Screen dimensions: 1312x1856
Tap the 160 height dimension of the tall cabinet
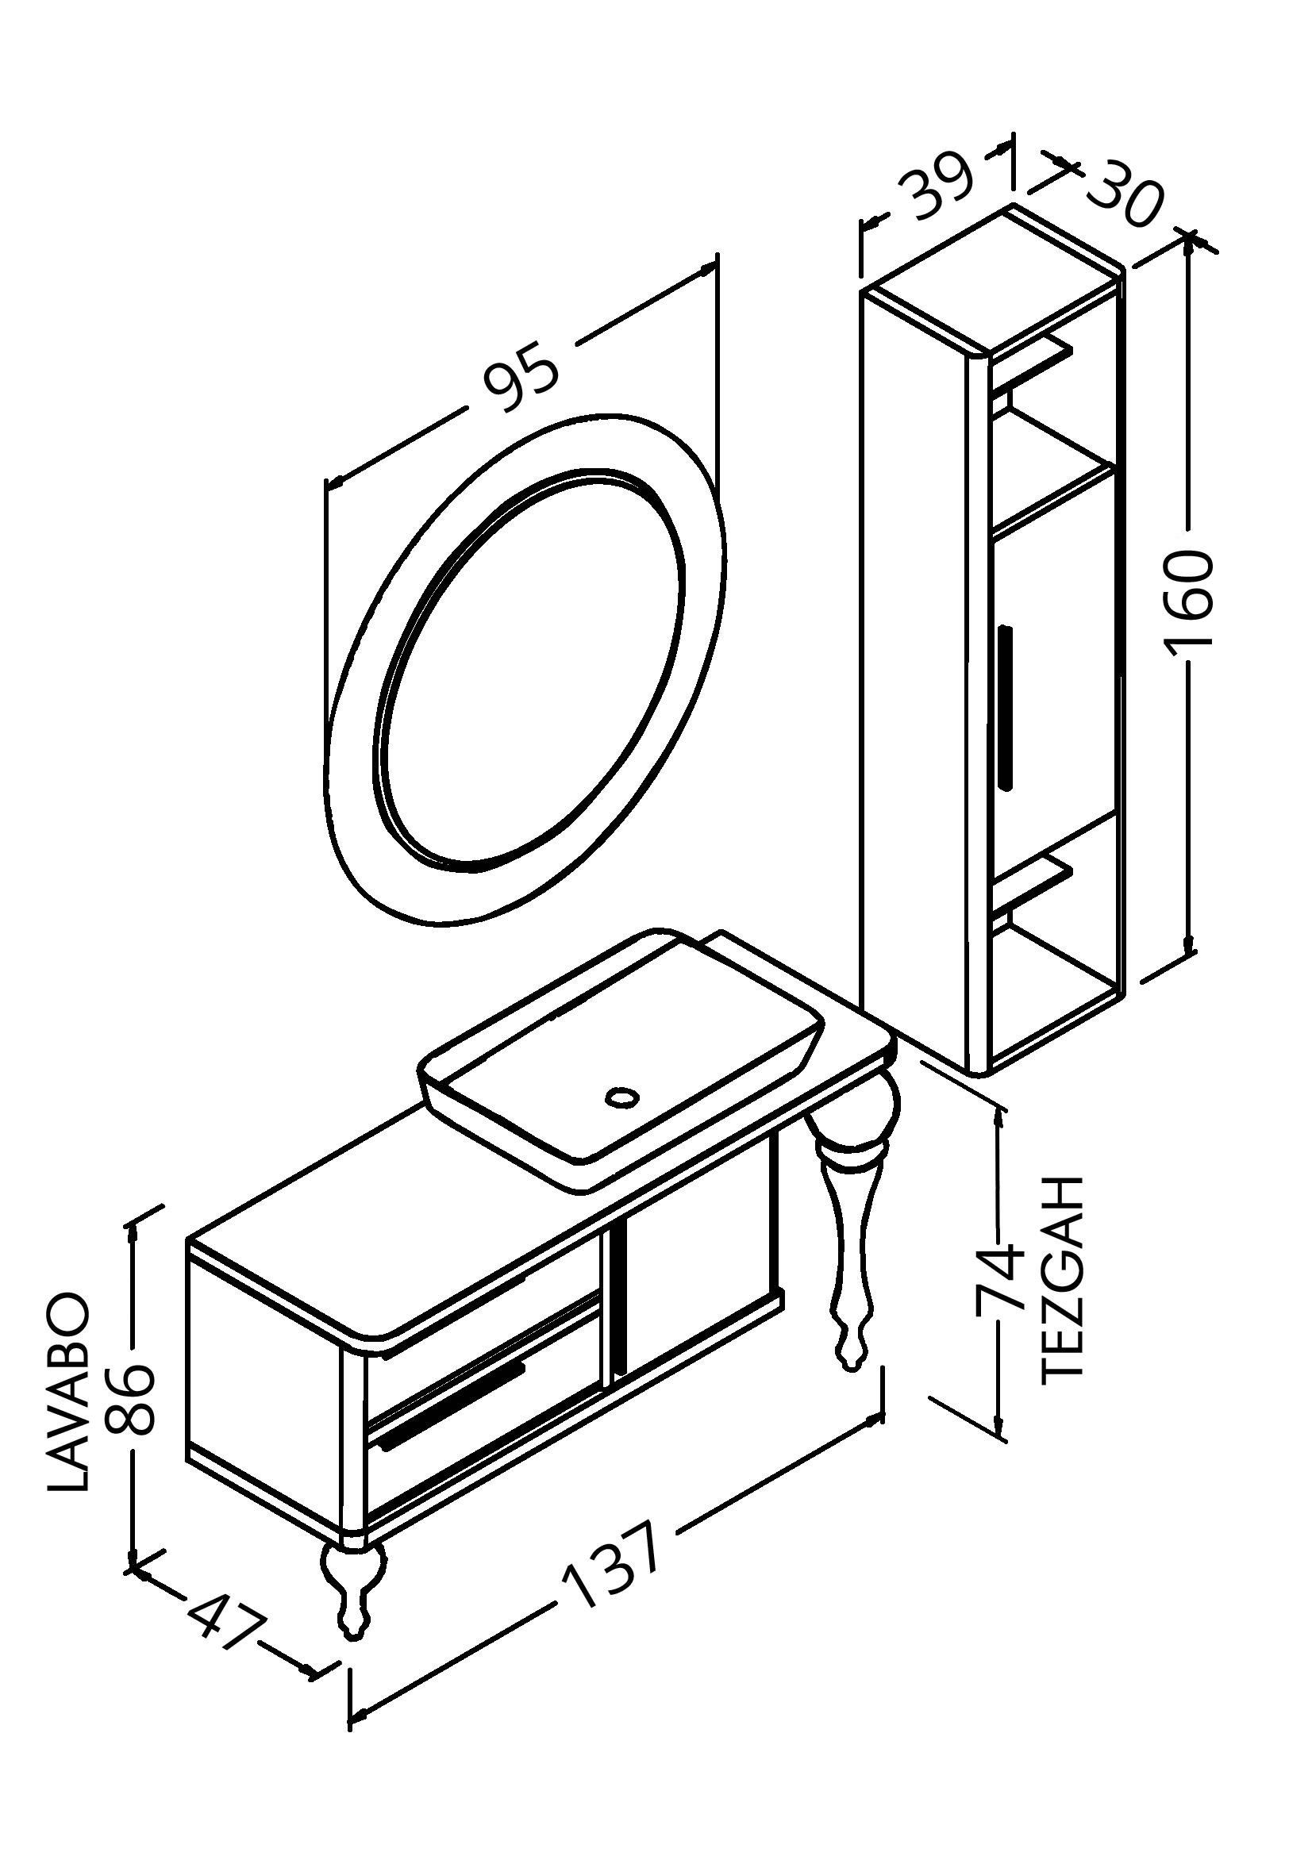(1188, 599)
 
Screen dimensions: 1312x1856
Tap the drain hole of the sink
(621, 1097)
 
